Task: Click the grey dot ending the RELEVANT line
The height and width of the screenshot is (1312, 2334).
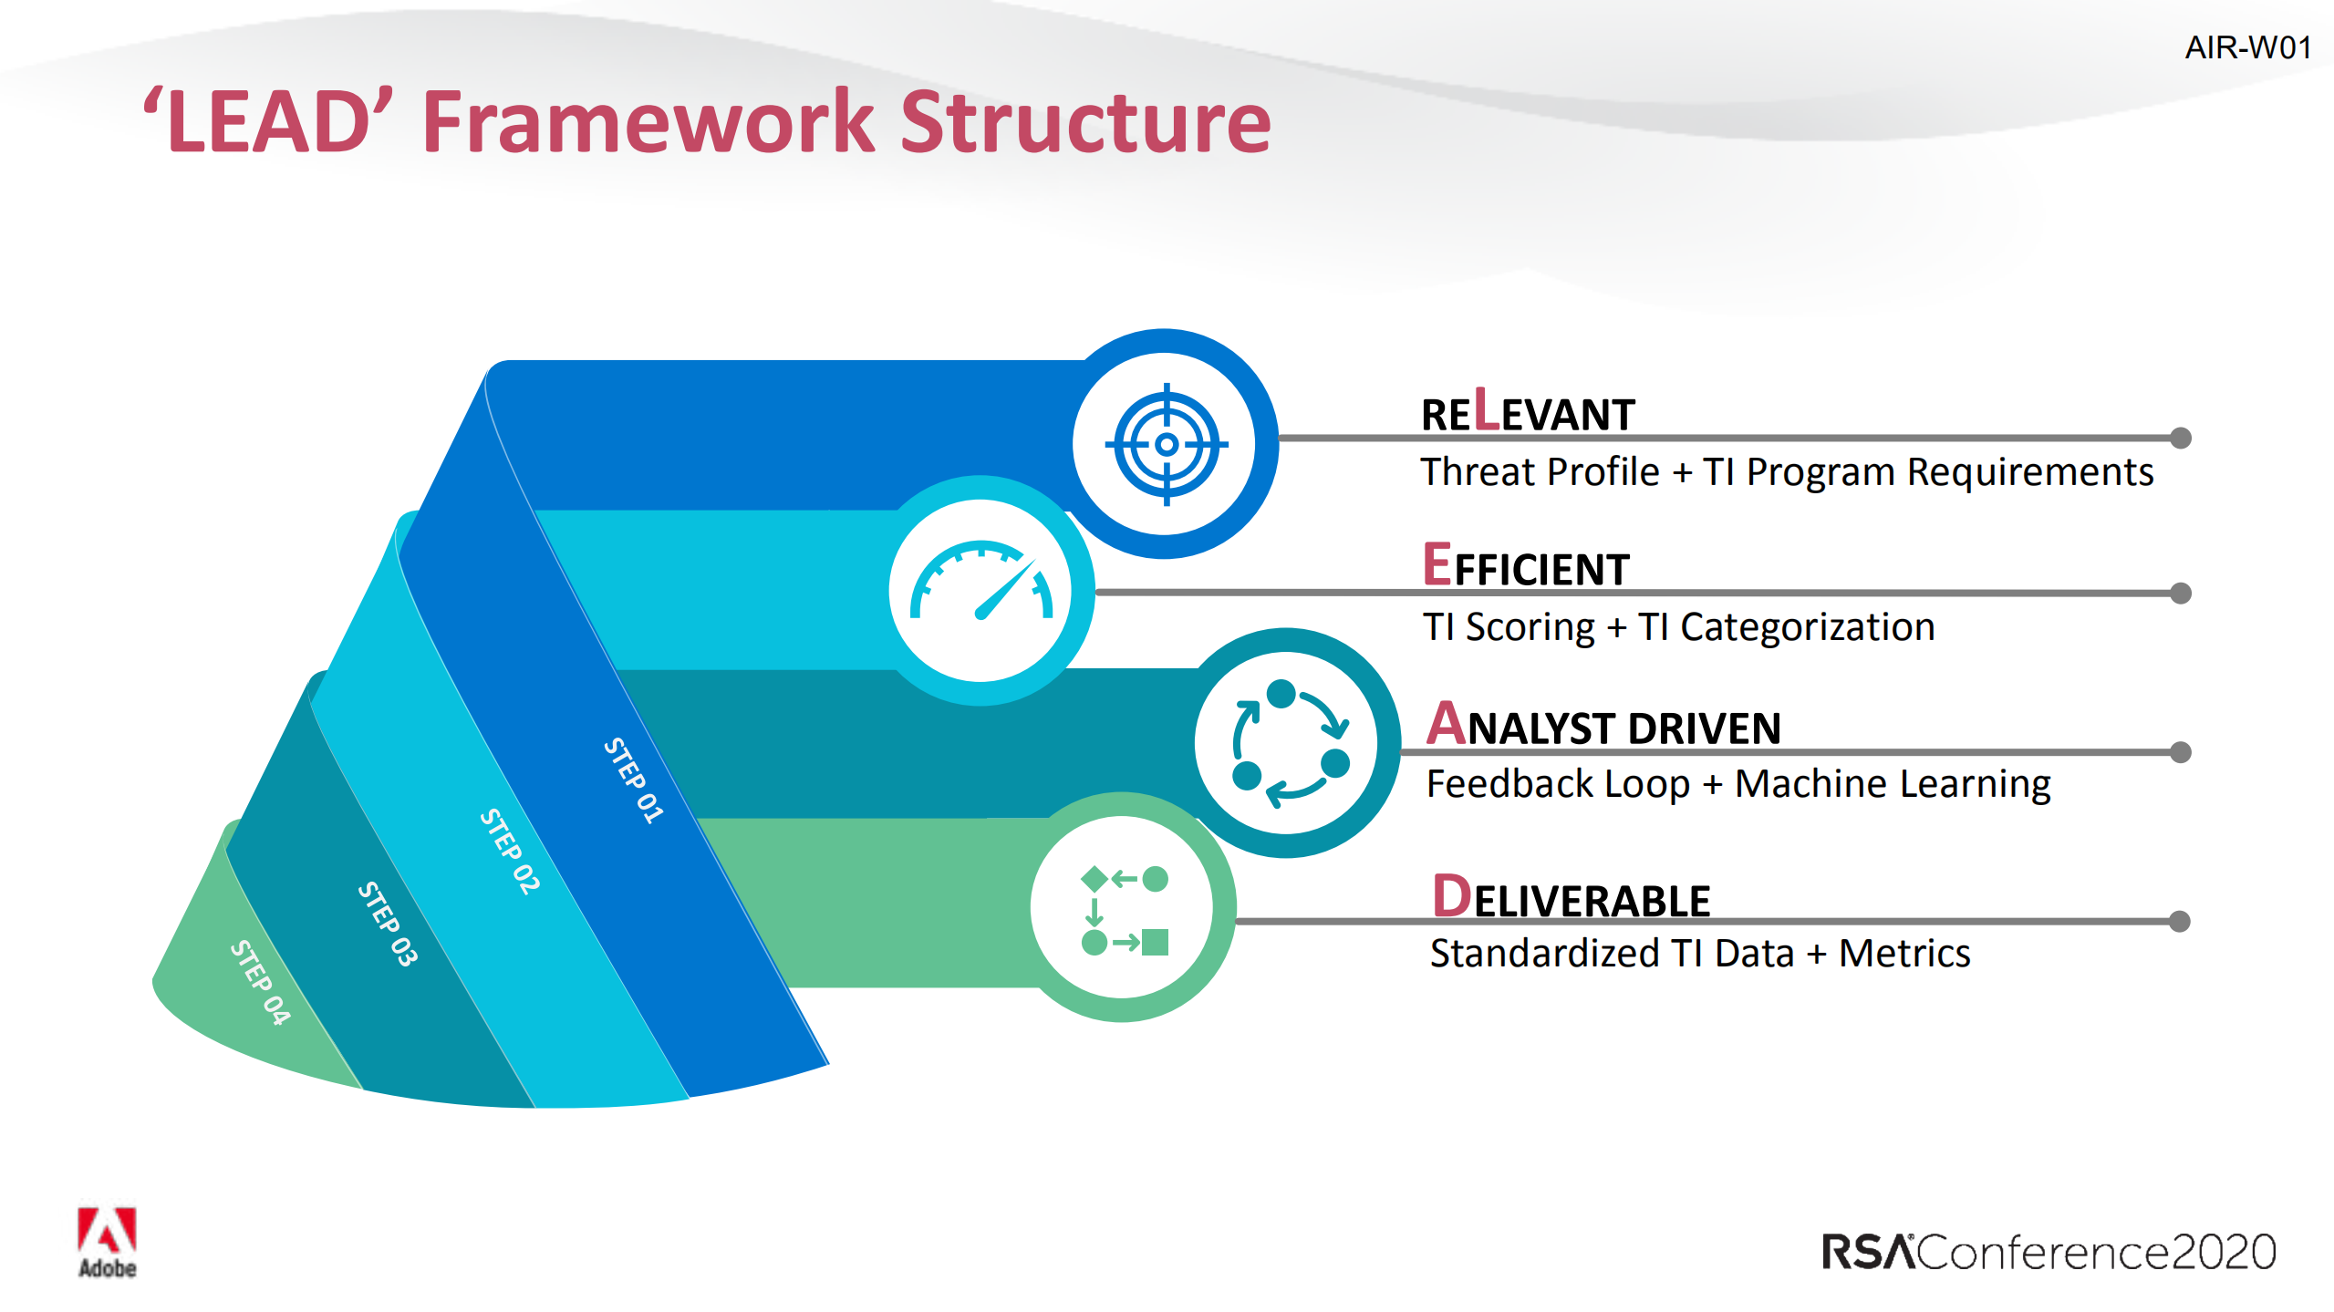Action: pyautogui.click(x=2180, y=438)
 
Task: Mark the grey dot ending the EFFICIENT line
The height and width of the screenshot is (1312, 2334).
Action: pyautogui.click(x=2180, y=593)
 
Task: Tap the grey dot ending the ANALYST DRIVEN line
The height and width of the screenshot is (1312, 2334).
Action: pyautogui.click(x=2180, y=751)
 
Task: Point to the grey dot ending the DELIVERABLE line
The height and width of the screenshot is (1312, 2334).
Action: pyautogui.click(x=2179, y=921)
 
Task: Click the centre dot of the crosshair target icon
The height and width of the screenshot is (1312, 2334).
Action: pyautogui.click(x=1167, y=444)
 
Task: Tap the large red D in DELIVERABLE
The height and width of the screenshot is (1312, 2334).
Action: pyautogui.click(x=1452, y=895)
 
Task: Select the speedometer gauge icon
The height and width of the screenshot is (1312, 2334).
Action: pyautogui.click(x=981, y=581)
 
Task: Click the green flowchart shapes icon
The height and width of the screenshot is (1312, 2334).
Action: pyautogui.click(x=1125, y=910)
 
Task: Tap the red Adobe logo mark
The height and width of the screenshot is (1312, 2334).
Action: pyautogui.click(x=107, y=1230)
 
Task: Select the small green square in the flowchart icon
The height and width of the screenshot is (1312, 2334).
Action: pyautogui.click(x=1155, y=942)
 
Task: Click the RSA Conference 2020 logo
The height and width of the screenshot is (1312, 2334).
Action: pyautogui.click(x=2049, y=1251)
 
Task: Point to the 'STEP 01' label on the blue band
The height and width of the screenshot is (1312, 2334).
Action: pyautogui.click(x=634, y=780)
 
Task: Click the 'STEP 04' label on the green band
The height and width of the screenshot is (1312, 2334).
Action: pyautogui.click(x=260, y=982)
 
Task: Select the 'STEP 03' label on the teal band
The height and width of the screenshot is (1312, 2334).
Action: pyautogui.click(x=388, y=924)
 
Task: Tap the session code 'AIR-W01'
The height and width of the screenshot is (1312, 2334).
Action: pyautogui.click(x=2248, y=47)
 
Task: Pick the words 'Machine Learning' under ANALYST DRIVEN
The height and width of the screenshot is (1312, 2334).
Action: pyautogui.click(x=1893, y=784)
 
